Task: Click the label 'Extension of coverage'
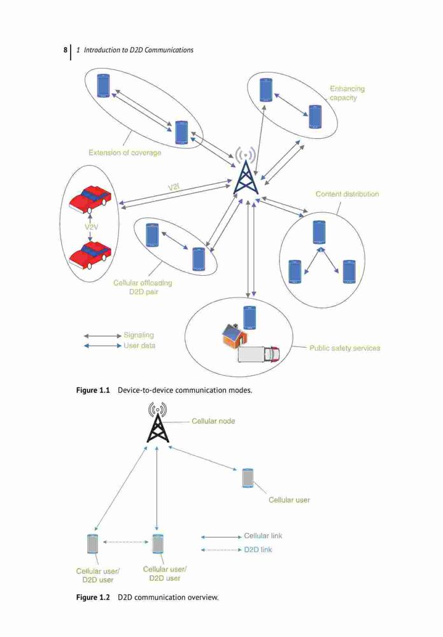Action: click(125, 153)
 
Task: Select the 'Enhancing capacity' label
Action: click(347, 93)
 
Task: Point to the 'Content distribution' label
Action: click(347, 194)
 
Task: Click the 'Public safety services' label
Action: click(345, 348)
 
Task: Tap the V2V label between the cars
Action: click(92, 227)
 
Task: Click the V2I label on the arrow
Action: click(173, 187)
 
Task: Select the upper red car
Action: click(90, 199)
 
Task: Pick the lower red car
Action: click(90, 255)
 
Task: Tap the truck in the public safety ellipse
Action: click(259, 354)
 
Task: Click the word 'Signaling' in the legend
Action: click(139, 335)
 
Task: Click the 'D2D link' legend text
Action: click(258, 550)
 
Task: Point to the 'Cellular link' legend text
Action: click(263, 536)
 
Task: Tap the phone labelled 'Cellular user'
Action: click(248, 478)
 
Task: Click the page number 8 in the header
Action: click(66, 50)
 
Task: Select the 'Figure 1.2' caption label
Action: click(93, 598)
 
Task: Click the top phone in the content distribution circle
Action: click(320, 232)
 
